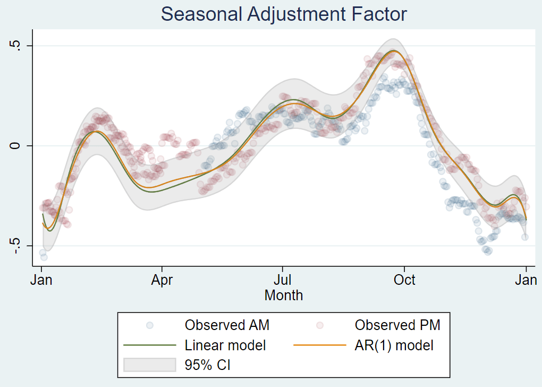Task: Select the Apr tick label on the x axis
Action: point(162,280)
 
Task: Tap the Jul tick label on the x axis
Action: point(283,280)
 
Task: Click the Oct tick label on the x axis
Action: point(404,280)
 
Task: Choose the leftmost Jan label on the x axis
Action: point(41,280)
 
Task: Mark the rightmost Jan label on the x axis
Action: point(526,280)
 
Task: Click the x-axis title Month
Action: point(284,295)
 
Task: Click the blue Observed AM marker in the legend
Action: point(150,325)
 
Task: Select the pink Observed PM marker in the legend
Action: point(320,325)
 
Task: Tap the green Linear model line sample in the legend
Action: point(150,345)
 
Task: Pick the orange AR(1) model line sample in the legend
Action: point(320,345)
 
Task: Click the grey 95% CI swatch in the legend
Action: point(150,365)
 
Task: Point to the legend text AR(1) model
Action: point(394,345)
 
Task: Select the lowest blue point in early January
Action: point(44,258)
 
